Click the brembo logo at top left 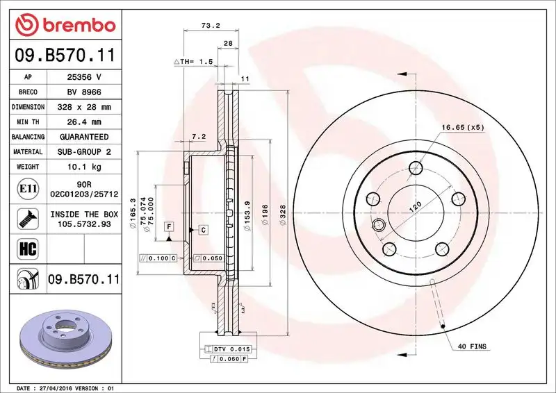coord(65,26)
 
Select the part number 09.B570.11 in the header coord(65,55)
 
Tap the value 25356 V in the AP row coord(84,77)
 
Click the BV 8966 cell coord(84,92)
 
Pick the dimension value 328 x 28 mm coord(84,107)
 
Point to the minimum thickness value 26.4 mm coord(84,122)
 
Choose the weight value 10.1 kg coord(84,167)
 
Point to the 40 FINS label coord(473,346)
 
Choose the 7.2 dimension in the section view coord(199,136)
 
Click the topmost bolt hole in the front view coord(416,167)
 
